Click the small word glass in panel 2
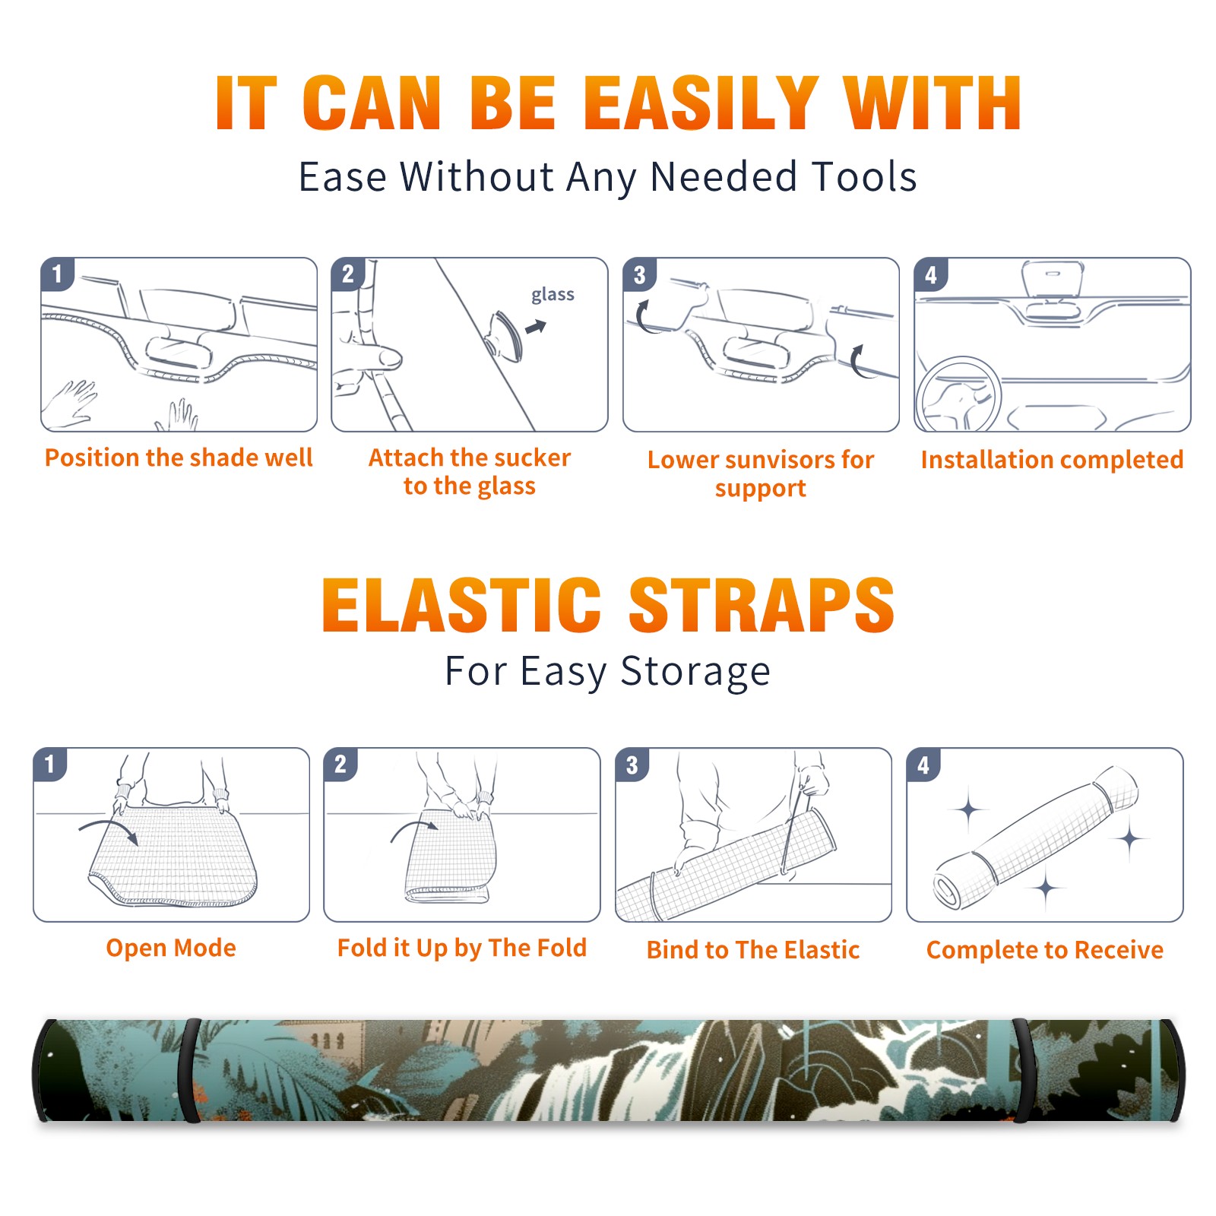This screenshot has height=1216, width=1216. (x=553, y=295)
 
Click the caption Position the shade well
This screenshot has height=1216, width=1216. (x=179, y=458)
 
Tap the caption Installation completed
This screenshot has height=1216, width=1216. (x=1052, y=459)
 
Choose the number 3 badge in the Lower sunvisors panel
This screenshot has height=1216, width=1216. (x=639, y=275)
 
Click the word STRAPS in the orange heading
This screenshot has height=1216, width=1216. (x=762, y=605)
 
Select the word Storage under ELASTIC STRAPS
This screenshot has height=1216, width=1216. (x=695, y=672)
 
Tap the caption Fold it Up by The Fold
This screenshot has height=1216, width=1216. (x=462, y=948)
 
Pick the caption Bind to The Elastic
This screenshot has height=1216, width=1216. (x=753, y=949)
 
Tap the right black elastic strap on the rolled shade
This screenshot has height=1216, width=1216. (x=1020, y=1070)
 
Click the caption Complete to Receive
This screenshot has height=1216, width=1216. (x=1045, y=949)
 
